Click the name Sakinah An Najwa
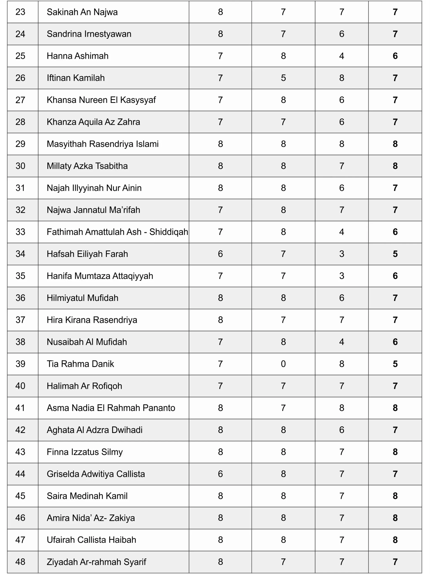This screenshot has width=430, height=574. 82,12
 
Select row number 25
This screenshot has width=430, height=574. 20,56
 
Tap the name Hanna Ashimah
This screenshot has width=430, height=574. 77,56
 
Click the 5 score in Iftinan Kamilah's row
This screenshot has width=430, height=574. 283,78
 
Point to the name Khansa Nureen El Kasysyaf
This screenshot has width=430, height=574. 101,100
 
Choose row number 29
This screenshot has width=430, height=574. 20,144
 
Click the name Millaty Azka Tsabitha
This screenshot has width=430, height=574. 87,166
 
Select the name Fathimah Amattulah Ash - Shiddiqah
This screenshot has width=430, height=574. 117,232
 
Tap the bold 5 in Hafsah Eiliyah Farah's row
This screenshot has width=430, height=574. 395,254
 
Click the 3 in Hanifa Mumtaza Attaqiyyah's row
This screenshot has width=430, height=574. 341,276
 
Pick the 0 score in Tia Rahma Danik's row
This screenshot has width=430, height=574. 283,364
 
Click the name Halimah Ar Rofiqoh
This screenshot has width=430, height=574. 84,386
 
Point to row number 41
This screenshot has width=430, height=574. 20,408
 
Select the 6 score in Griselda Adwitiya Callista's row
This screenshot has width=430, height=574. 220,474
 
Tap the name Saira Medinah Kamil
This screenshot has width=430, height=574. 87,496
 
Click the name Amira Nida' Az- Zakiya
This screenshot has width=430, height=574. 91,518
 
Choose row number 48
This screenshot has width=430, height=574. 20,562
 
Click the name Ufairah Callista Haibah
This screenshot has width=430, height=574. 91,540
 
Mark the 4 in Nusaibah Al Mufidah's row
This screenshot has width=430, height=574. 341,342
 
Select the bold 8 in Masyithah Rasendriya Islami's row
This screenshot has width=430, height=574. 395,144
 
